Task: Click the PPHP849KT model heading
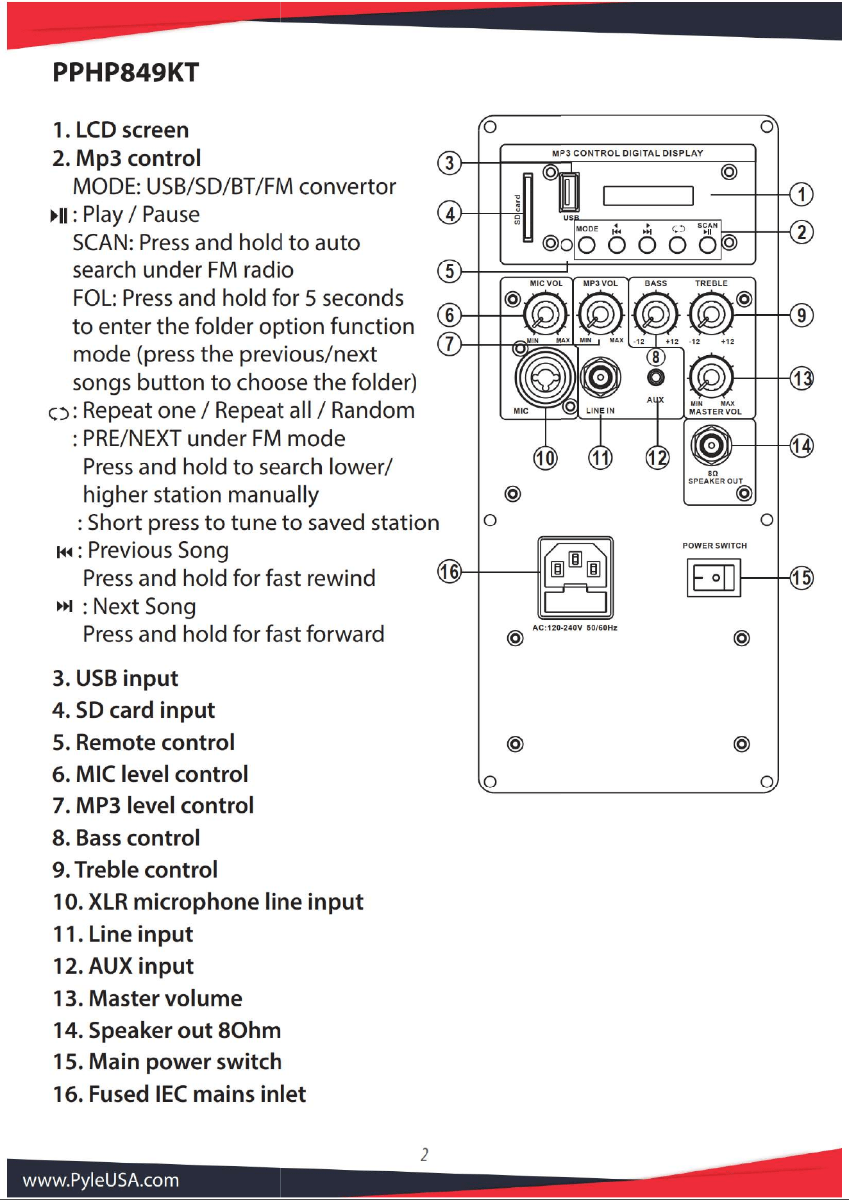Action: (126, 72)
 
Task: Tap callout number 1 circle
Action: (801, 194)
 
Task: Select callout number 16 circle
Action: (450, 571)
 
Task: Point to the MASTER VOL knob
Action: (710, 376)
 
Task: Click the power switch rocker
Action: (714, 578)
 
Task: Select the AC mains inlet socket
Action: (575, 578)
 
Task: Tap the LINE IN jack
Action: (600, 378)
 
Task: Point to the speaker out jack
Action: (711, 445)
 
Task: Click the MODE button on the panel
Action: (587, 245)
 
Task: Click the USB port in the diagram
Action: (569, 192)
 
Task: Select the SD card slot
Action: (528, 208)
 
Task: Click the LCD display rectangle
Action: (648, 196)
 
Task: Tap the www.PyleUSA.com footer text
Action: (101, 1179)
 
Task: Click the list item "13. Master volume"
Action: (147, 998)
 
